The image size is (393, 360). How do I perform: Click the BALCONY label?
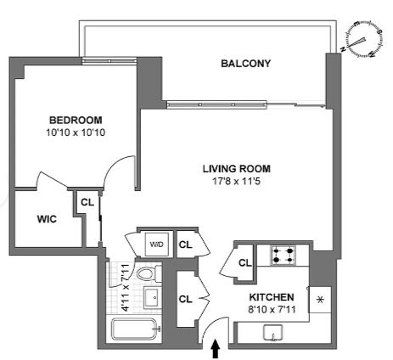pyautogui.click(x=245, y=64)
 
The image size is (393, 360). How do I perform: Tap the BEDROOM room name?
pyautogui.click(x=76, y=121)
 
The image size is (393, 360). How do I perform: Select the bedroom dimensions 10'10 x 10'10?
pyautogui.click(x=76, y=132)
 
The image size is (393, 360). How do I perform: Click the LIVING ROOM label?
pyautogui.click(x=237, y=169)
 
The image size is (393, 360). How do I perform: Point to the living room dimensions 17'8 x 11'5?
pyautogui.click(x=237, y=181)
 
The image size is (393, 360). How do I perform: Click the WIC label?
pyautogui.click(x=47, y=219)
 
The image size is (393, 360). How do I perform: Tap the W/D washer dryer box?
pyautogui.click(x=157, y=244)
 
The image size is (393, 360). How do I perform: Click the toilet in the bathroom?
pyautogui.click(x=149, y=273)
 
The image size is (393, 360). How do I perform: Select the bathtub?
pyautogui.click(x=134, y=329)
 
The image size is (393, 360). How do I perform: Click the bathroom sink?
pyautogui.click(x=153, y=297)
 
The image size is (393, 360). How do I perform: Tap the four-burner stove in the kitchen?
pyautogui.click(x=284, y=255)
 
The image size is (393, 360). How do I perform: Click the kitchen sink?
pyautogui.click(x=273, y=333)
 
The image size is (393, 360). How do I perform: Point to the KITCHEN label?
pyautogui.click(x=272, y=297)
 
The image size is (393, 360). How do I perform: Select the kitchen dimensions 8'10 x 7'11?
pyautogui.click(x=272, y=309)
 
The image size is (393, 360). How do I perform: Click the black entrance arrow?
pyautogui.click(x=216, y=349)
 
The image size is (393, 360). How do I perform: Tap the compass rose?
pyautogui.click(x=364, y=40)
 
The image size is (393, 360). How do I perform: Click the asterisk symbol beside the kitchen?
pyautogui.click(x=320, y=300)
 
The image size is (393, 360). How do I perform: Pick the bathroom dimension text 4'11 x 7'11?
pyautogui.click(x=125, y=288)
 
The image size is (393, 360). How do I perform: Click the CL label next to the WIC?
pyautogui.click(x=87, y=202)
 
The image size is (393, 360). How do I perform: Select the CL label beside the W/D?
pyautogui.click(x=185, y=245)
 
